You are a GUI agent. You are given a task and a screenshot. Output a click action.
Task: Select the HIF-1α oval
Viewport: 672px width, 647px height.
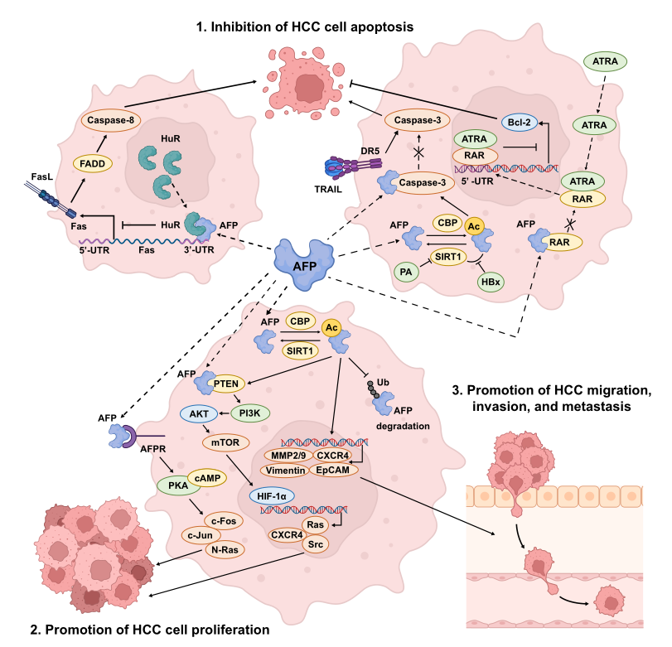click(x=271, y=494)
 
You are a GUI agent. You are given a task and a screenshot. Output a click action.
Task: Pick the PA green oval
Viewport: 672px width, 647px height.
click(x=404, y=271)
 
